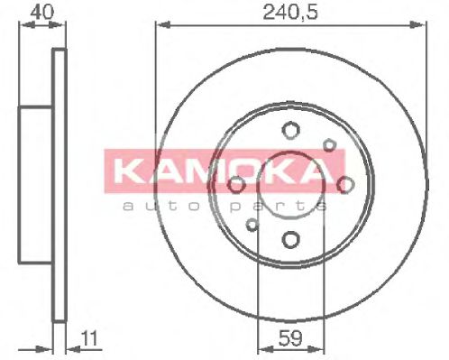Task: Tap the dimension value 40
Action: click(38, 12)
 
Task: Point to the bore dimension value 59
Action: click(289, 340)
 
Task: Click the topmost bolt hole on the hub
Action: click(289, 129)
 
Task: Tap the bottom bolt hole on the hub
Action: click(289, 240)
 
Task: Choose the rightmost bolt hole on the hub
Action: click(345, 184)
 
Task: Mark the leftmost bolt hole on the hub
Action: click(235, 185)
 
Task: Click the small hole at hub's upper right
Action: click(329, 144)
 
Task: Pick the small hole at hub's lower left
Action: click(252, 225)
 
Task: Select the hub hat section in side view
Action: click(36, 185)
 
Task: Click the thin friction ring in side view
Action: click(60, 185)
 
